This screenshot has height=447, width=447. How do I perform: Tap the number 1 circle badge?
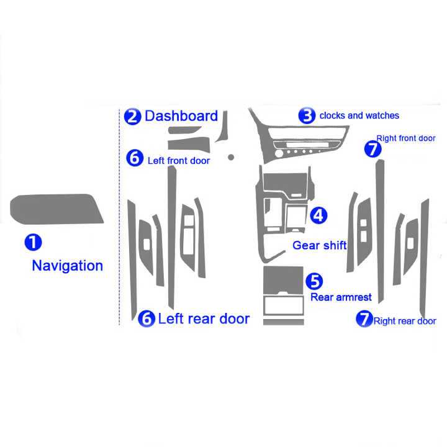34,242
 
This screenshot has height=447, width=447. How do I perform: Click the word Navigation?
67,266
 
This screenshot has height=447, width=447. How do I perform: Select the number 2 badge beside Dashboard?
132,116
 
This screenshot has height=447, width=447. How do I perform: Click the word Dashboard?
181,116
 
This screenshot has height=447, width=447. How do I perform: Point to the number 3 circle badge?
306,115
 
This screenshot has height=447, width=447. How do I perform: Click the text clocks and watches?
359,115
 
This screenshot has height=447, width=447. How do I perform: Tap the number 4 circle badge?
317,215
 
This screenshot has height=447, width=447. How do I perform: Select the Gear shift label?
319,245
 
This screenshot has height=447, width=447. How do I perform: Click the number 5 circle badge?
315,281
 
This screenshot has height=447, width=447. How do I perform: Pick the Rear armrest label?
341,297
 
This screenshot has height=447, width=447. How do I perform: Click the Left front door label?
179,161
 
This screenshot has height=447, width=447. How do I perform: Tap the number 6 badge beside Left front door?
134,158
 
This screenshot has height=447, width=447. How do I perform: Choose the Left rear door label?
204,319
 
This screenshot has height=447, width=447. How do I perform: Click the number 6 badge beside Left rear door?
146,318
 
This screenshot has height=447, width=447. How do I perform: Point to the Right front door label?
406,138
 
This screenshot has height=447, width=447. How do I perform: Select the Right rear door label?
404,321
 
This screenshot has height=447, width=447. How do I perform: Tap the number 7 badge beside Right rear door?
363,319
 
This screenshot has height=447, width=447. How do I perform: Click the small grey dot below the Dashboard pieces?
230,157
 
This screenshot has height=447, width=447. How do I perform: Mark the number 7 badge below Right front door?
372,150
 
